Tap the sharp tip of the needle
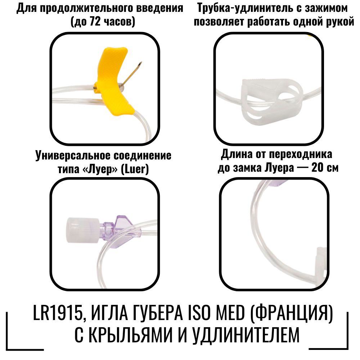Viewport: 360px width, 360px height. (x=141, y=62)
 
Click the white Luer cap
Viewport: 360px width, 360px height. (x=83, y=230)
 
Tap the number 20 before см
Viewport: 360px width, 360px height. (x=317, y=168)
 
